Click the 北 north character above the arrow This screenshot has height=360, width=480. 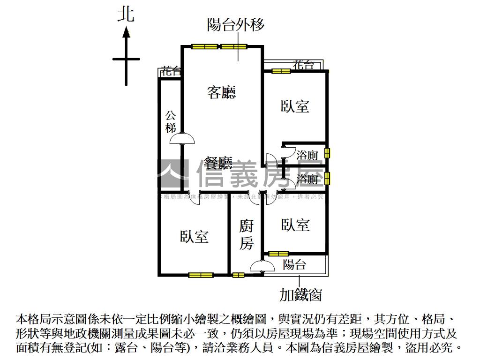click(126, 14)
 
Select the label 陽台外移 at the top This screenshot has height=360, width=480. click(236, 24)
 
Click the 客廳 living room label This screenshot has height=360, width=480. click(221, 92)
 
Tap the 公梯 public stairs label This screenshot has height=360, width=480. click(171, 122)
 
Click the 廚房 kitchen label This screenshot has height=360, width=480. click(247, 234)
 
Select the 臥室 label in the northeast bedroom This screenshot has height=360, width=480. click(295, 106)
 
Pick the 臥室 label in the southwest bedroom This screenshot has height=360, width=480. click(194, 237)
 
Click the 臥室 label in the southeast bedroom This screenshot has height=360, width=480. click(295, 225)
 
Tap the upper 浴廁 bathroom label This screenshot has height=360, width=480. click(307, 155)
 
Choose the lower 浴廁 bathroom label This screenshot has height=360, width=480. click(307, 179)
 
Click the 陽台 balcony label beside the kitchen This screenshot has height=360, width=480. click(294, 265)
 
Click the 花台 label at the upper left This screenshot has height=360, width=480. click(170, 72)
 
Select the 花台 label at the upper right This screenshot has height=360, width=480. click(303, 65)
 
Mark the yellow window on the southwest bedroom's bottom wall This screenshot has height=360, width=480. click(201, 275)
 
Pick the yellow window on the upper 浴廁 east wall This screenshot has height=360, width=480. click(327, 153)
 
